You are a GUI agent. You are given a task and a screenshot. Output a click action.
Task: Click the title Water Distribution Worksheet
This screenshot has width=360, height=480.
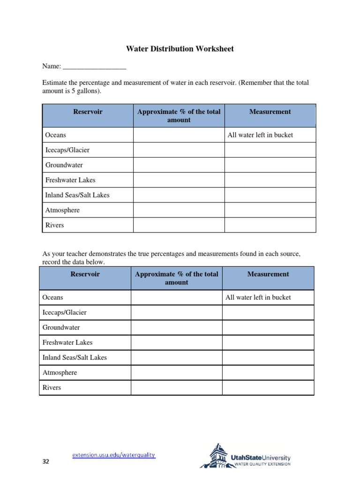tap(180, 49)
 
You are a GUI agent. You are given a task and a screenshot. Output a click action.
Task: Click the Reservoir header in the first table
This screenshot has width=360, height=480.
tap(88, 112)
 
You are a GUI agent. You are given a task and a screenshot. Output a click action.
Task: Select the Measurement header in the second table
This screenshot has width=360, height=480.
tap(269, 274)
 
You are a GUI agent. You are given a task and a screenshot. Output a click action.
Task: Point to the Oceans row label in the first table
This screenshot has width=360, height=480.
tap(56, 135)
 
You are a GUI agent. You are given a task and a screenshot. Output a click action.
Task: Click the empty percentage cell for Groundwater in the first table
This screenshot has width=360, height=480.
tap(179, 165)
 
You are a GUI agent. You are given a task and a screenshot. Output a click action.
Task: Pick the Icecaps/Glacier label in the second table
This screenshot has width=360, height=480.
tap(65, 312)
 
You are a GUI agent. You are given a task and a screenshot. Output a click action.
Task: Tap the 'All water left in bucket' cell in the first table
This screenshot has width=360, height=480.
tap(260, 135)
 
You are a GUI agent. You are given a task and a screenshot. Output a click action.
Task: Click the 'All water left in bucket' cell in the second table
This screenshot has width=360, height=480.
tap(258, 297)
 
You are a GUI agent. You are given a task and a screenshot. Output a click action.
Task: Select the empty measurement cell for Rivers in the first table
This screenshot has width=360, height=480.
tap(270, 225)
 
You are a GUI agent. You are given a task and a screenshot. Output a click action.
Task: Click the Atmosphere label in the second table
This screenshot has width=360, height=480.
tap(60, 373)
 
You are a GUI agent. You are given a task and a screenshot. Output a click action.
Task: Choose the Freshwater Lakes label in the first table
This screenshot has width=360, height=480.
tap(70, 180)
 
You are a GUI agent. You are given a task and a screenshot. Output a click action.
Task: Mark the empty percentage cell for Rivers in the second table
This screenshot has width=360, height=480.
tap(177, 388)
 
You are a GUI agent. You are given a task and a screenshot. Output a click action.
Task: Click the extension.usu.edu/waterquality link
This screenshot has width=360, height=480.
tap(113, 455)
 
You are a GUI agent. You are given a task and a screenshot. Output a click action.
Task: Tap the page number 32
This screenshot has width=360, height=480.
tap(45, 462)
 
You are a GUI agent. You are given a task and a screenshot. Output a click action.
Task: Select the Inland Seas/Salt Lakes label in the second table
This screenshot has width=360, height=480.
tap(75, 357)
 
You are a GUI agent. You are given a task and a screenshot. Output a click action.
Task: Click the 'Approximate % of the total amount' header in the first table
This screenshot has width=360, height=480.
tap(179, 116)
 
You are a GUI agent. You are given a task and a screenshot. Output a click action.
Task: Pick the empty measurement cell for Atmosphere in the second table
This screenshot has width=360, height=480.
tap(268, 373)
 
